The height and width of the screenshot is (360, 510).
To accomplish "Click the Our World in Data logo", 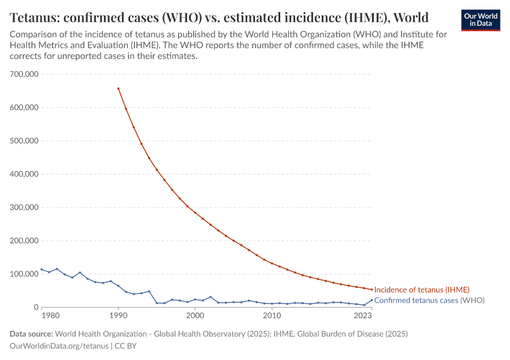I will [x=480, y=20].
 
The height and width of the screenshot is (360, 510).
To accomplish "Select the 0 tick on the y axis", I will [x=35, y=307].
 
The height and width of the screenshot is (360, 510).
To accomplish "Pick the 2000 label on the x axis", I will [x=195, y=316].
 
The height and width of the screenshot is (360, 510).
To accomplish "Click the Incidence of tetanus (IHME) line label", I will [x=421, y=290].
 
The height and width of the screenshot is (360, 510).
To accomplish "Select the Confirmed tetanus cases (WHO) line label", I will [x=429, y=300].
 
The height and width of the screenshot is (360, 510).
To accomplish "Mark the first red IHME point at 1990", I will [x=118, y=89].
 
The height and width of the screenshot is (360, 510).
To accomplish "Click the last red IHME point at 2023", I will [x=371, y=290].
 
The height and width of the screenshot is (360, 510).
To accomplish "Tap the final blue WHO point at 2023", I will [x=371, y=300].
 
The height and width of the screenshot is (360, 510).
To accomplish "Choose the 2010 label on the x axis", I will [x=272, y=316].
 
